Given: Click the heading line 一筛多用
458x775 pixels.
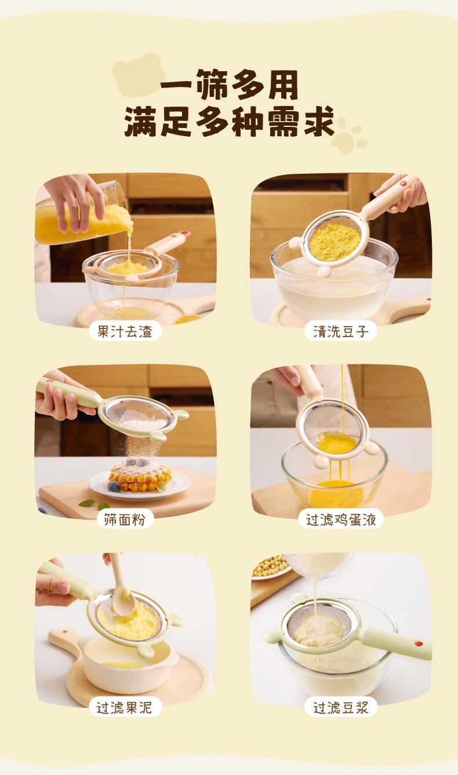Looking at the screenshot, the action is point(229,85).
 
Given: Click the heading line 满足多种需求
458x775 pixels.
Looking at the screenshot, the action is point(229,122).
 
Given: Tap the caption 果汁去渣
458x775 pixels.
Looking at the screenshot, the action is point(125,331).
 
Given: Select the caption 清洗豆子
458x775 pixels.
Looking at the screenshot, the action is point(341,331).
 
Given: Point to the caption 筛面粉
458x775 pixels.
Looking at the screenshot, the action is point(125,520).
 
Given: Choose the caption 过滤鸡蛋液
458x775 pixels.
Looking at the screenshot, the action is point(341,520).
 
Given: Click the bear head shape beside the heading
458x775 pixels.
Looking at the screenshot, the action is point(139,74).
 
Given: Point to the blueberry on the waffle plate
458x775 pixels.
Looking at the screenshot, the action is point(114,487).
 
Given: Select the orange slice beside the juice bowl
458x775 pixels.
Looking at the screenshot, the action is point(187,319).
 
